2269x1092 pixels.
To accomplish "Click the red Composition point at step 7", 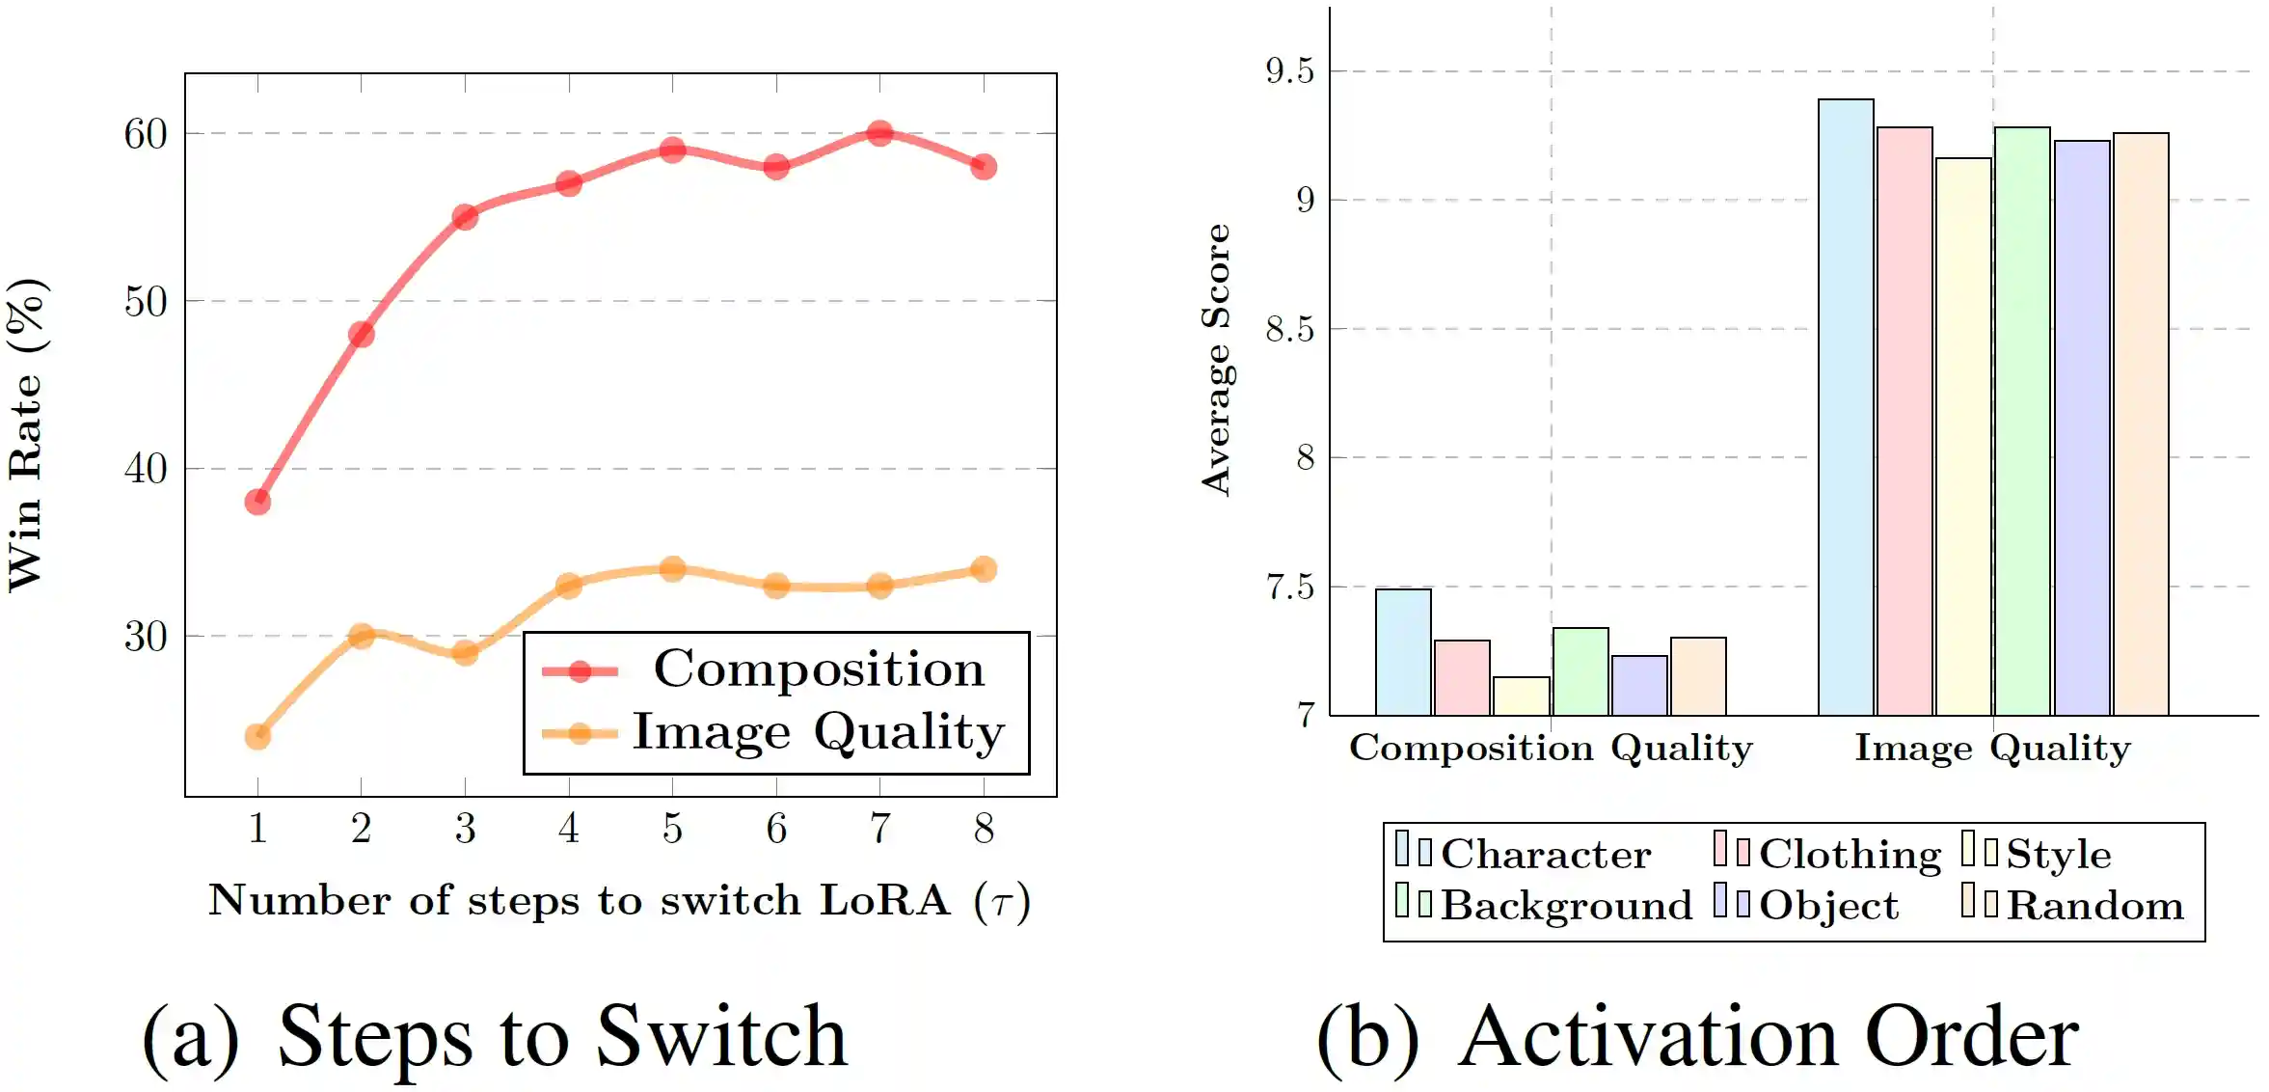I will [x=879, y=133].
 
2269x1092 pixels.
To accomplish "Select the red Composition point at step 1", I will [x=257, y=502].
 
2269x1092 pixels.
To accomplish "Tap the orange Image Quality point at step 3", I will [x=465, y=653].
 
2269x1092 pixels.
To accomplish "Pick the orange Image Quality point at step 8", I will [x=984, y=569].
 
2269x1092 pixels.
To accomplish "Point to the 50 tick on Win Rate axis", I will [x=146, y=302].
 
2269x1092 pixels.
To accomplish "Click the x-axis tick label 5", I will [x=672, y=829].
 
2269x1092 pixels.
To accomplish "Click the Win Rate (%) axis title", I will [x=26, y=434].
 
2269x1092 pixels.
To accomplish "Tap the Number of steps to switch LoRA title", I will [x=619, y=901].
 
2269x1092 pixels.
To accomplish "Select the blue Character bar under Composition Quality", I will [x=1403, y=652].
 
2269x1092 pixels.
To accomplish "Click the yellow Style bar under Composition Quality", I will [x=1522, y=696].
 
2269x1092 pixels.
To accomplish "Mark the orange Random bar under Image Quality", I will [x=2141, y=424].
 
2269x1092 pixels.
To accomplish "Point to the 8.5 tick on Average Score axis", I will [x=1289, y=330].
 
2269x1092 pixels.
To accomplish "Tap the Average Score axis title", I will [x=1216, y=360].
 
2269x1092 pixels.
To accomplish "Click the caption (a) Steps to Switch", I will [x=496, y=1036].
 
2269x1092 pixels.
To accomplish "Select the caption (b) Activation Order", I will [x=1697, y=1036].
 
